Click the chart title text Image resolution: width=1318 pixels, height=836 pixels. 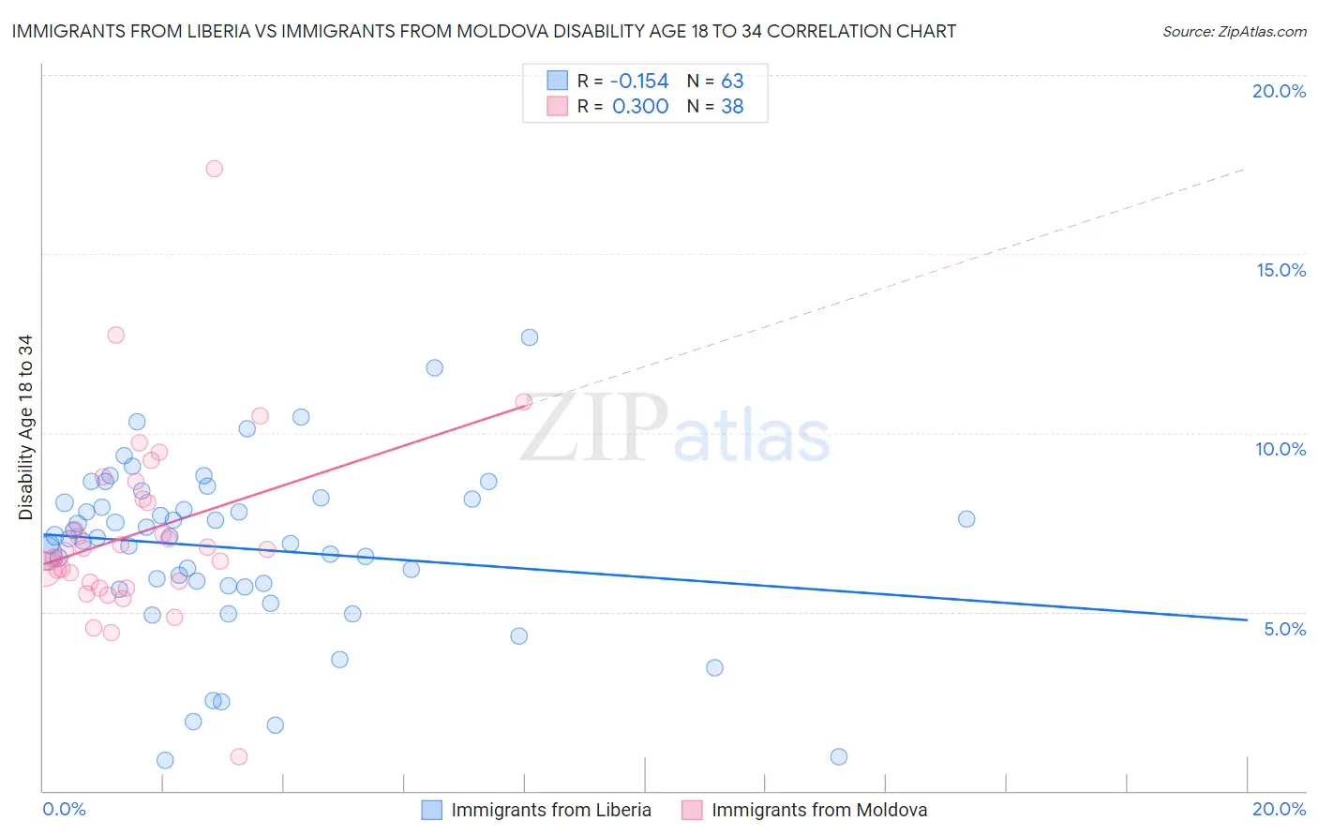pos(484,31)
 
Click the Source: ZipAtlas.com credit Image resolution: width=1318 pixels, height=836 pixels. pos(1234,31)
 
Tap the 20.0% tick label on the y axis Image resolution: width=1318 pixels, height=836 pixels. pos(1279,91)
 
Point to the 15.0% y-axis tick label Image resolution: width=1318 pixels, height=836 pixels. pos(1281,270)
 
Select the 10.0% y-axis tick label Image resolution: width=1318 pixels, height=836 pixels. pos(1281,449)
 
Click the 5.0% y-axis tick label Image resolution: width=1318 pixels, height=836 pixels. pos(1284,629)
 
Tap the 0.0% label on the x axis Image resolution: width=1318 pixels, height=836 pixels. pos(64,809)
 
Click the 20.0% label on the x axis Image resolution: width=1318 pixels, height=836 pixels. pos(1279,809)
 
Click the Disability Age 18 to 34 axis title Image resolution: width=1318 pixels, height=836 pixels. pos(25,427)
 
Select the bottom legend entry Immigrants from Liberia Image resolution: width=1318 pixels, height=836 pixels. pos(550,810)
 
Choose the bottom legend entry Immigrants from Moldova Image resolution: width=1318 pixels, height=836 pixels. pos(818,810)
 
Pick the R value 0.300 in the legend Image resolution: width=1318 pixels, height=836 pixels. pos(640,107)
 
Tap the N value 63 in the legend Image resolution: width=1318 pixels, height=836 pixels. pos(732,82)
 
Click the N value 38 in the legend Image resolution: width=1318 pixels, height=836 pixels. pos(732,107)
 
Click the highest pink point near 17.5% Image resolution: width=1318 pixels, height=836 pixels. pos(214,169)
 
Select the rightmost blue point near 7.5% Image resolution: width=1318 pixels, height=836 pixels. pos(966,519)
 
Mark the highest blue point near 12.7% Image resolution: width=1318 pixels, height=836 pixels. pos(530,337)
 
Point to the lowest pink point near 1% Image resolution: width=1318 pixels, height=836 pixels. pos(239,756)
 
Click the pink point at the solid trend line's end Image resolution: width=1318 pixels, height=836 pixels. pos(524,401)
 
